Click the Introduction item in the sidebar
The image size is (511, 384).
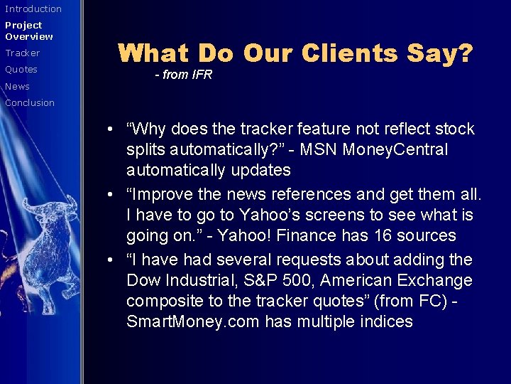click(33, 9)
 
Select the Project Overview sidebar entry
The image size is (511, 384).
click(29, 31)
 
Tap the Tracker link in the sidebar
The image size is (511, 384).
click(23, 53)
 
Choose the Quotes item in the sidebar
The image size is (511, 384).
click(21, 70)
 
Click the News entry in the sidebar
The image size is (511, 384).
click(18, 87)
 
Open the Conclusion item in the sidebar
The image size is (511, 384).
click(30, 103)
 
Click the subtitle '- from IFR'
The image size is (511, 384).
click(183, 75)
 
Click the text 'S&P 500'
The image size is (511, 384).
click(270, 280)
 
